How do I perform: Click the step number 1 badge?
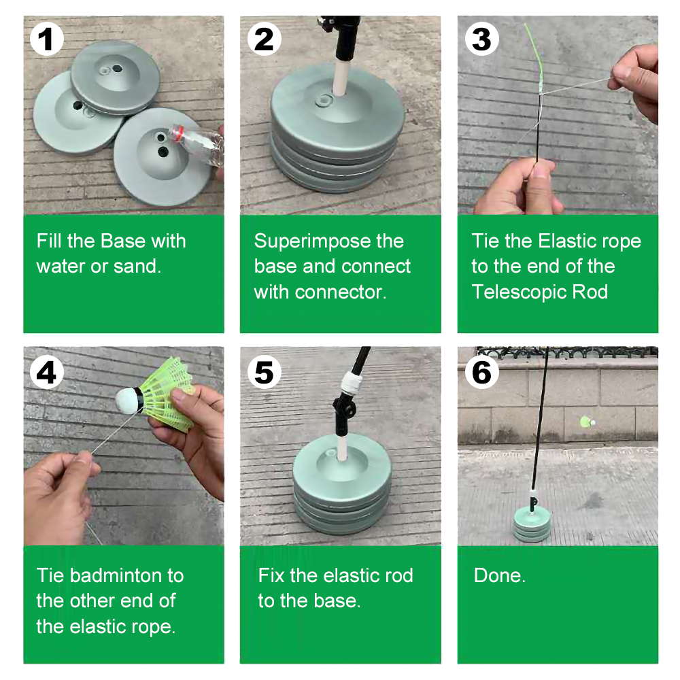pyautogui.click(x=47, y=39)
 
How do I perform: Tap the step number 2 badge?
pyautogui.click(x=264, y=39)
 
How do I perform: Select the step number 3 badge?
pyautogui.click(x=482, y=39)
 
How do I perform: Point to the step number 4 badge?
pyautogui.click(x=47, y=373)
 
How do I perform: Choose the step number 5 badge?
pyautogui.click(x=264, y=373)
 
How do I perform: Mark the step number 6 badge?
pyautogui.click(x=482, y=373)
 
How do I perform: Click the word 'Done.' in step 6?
pyautogui.click(x=500, y=576)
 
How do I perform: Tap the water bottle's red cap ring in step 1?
pyautogui.click(x=177, y=133)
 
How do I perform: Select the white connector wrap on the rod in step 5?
pyautogui.click(x=352, y=382)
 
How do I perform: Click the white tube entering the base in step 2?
pyautogui.click(x=340, y=80)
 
